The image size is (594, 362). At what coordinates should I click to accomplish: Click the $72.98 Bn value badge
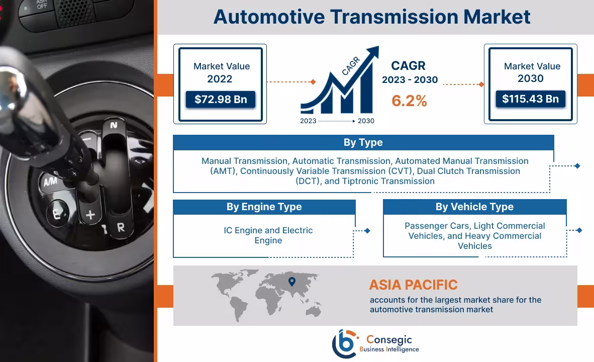[220, 100]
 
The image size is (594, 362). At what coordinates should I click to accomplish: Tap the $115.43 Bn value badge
[530, 99]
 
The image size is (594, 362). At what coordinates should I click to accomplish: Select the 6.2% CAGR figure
[409, 101]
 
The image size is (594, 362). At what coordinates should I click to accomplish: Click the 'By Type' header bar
[363, 143]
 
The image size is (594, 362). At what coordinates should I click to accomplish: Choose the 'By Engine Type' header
[264, 207]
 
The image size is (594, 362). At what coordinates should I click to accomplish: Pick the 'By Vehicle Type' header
[474, 207]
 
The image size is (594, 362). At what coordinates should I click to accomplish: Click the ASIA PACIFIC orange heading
[413, 285]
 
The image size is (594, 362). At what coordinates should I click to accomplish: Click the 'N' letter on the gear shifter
[114, 125]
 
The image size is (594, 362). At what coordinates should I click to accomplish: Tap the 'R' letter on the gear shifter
[121, 227]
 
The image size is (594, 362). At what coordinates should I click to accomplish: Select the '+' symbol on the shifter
[90, 215]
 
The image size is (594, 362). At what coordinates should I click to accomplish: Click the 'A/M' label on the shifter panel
[50, 182]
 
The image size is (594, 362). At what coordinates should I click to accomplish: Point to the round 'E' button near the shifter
[56, 215]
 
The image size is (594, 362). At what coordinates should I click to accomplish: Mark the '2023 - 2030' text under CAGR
[410, 80]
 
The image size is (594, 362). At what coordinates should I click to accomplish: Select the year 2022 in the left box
[220, 79]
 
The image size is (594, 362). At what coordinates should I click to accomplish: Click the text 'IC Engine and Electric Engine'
[268, 235]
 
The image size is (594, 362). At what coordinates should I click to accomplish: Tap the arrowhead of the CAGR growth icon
[373, 51]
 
